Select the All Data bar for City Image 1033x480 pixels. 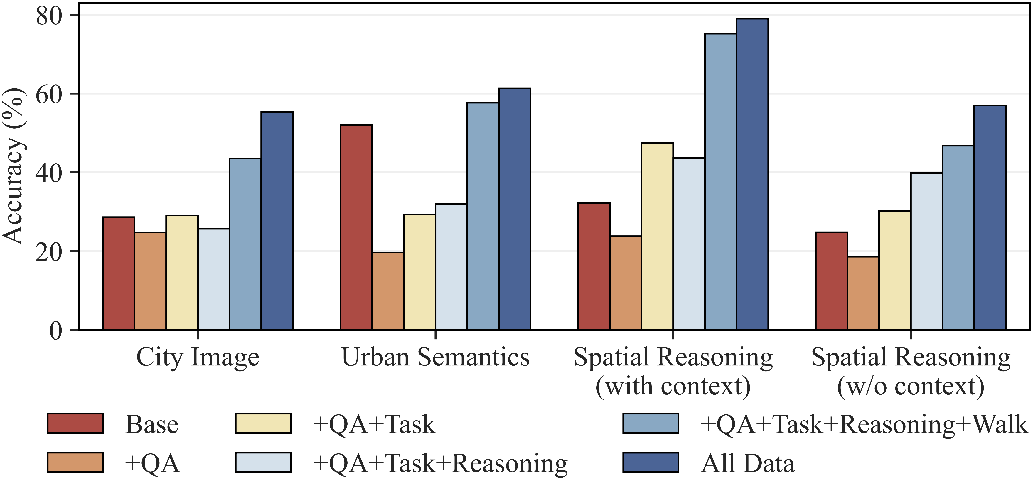pyautogui.click(x=277, y=221)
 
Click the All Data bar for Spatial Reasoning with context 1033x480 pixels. pyautogui.click(x=752, y=174)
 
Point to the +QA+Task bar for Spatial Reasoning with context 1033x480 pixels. pyautogui.click(x=657, y=236)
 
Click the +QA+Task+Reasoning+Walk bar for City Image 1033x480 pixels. pyautogui.click(x=245, y=244)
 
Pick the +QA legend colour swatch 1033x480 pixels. pyautogui.click(x=75, y=462)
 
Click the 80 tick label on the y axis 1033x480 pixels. pyautogui.click(x=49, y=16)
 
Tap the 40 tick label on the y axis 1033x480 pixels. pyautogui.click(x=49, y=173)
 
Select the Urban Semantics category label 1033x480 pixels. pyautogui.click(x=436, y=357)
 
